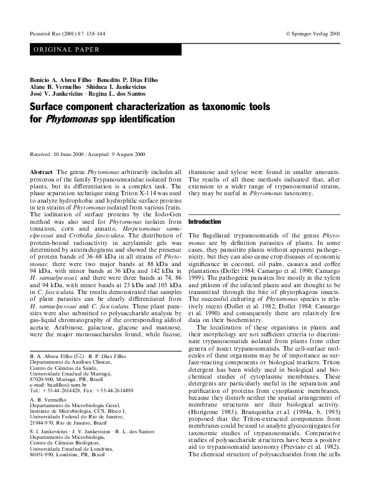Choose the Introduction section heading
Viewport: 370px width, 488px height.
click(x=205, y=222)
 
